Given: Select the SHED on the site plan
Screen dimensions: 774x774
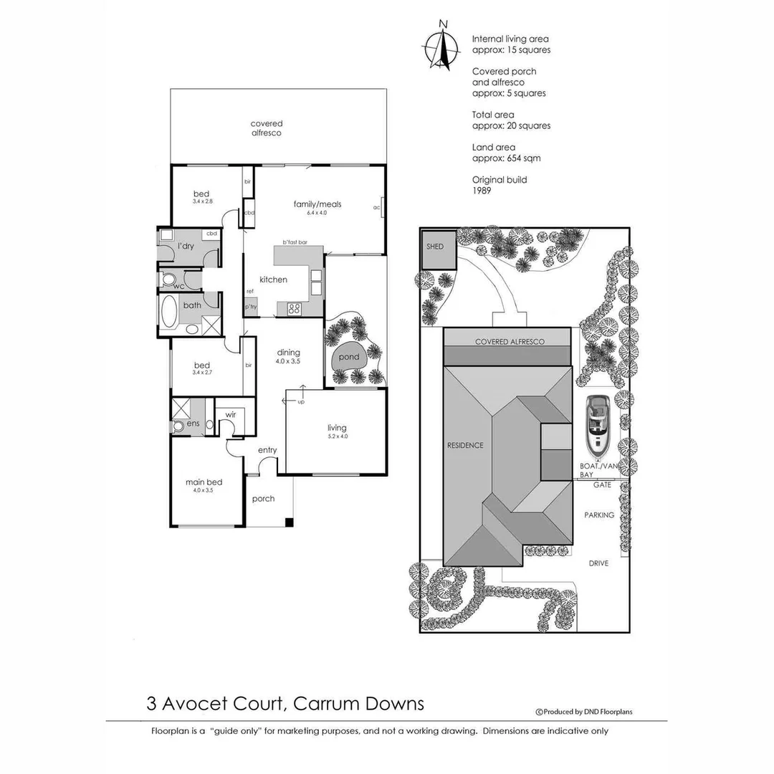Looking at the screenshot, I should click(435, 247).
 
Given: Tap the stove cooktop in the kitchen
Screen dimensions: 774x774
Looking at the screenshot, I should click(295, 309).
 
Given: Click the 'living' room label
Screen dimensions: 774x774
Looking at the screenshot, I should click(336, 429).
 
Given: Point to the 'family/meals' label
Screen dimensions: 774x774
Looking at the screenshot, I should click(317, 204).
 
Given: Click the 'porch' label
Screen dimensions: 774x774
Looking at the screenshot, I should click(264, 499).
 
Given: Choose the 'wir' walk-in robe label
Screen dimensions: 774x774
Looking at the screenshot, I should click(231, 414).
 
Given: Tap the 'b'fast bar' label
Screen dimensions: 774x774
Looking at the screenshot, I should click(295, 242).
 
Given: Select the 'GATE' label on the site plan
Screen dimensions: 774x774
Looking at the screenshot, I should click(601, 485).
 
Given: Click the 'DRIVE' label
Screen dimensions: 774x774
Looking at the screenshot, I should click(598, 563).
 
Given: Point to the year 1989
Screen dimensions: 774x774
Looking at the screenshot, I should click(481, 191).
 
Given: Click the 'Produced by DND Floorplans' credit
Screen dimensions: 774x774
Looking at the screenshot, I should click(584, 712).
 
